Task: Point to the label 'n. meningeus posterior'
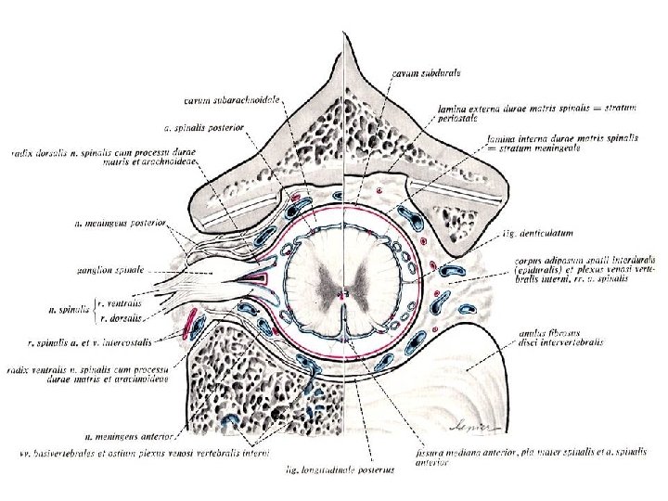click(121, 223)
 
